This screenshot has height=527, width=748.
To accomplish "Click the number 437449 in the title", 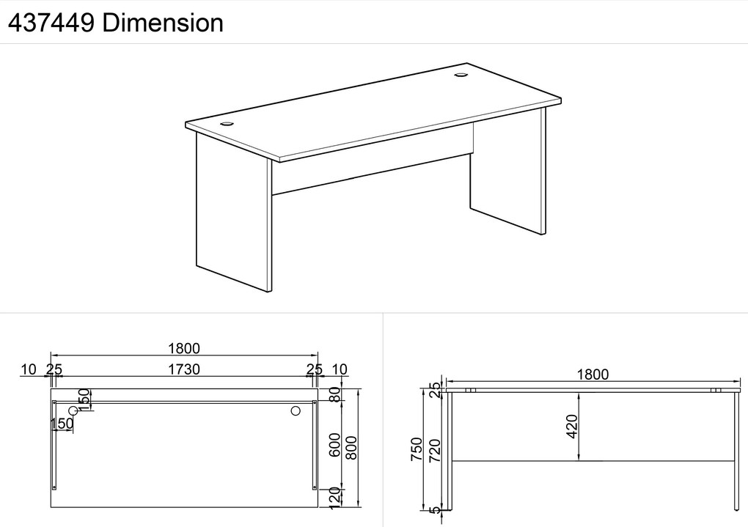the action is (x=51, y=23).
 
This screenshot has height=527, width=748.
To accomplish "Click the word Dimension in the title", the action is (x=163, y=23).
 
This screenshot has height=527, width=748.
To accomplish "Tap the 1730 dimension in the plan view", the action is (x=183, y=369).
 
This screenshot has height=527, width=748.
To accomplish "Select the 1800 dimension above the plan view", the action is (x=183, y=349).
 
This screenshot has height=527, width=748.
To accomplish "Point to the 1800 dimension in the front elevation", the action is (x=593, y=375).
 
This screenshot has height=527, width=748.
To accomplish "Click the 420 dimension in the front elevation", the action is (x=572, y=426).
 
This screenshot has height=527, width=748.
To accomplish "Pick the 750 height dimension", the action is (x=417, y=449).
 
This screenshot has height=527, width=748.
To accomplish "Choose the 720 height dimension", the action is (x=435, y=451).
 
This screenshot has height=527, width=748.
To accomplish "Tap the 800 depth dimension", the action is (x=351, y=448).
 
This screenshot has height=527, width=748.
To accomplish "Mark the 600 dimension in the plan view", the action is (x=335, y=444).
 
